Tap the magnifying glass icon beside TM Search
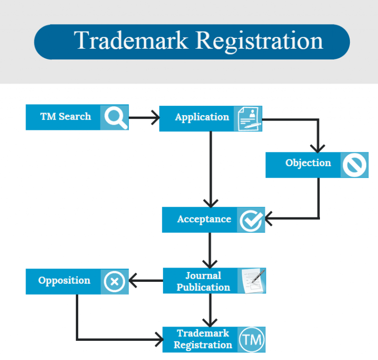(x=115, y=118)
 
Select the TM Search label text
(x=65, y=117)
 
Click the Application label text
(x=202, y=118)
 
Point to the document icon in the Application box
(x=248, y=119)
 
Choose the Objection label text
(x=308, y=163)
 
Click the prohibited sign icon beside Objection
(x=355, y=165)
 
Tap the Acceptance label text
(x=204, y=219)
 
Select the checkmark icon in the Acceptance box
(x=251, y=220)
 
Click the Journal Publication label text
(x=203, y=281)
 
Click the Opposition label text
(x=64, y=281)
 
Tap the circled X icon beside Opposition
(x=114, y=282)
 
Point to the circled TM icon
(x=252, y=340)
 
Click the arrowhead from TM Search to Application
(x=155, y=118)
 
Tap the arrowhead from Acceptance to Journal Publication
(x=211, y=263)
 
